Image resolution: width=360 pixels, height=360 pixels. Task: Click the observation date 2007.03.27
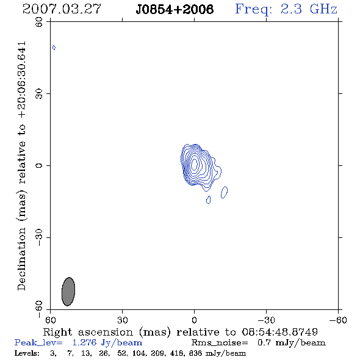(x=62, y=9)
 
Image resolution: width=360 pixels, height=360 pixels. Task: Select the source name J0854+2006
(x=175, y=9)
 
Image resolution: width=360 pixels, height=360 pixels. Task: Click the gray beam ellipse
(x=68, y=292)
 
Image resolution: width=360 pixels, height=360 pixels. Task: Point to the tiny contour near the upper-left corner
(x=54, y=48)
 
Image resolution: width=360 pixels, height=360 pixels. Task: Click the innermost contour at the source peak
(x=195, y=164)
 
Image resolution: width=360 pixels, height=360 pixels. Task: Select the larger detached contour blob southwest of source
(x=225, y=192)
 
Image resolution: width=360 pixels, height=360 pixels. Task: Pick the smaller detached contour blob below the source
(x=209, y=200)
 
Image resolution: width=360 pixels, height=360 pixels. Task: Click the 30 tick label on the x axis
(x=123, y=320)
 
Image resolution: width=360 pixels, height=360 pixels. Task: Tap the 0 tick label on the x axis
(x=194, y=320)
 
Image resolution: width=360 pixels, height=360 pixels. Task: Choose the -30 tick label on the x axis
(x=266, y=320)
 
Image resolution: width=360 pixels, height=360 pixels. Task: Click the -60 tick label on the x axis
(x=338, y=320)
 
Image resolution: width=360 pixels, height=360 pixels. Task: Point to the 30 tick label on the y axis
(x=39, y=94)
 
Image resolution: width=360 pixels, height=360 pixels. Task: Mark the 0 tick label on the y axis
(x=39, y=165)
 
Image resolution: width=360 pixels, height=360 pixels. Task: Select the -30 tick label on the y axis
(x=39, y=237)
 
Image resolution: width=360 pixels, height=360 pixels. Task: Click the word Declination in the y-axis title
(x=21, y=259)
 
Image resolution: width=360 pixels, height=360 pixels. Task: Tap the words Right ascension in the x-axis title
(x=88, y=333)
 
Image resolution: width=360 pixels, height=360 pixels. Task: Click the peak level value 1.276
(x=84, y=342)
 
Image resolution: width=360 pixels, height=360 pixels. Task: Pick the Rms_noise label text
(x=220, y=343)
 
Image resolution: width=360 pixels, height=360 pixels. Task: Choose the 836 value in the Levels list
(x=195, y=353)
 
